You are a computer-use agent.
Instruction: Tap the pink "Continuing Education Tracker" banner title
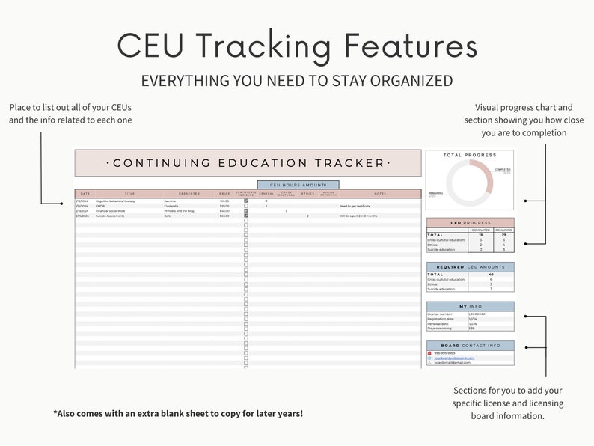[x=248, y=163]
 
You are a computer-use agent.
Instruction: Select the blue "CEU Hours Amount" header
[x=298, y=184]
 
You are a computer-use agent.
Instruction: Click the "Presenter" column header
[x=189, y=193]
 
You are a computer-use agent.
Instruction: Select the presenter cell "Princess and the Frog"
[x=180, y=211]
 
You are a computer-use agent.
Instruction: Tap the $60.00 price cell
[x=224, y=216]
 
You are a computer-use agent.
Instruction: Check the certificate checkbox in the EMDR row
[x=245, y=206]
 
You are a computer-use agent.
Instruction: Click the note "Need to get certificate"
[x=355, y=206]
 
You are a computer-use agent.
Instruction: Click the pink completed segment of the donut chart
[x=486, y=176]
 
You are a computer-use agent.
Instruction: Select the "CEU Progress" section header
[x=471, y=222]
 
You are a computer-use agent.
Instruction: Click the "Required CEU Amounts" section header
[x=471, y=267]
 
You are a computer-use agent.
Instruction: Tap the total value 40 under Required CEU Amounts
[x=490, y=274]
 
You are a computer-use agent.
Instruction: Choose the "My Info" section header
[x=471, y=306]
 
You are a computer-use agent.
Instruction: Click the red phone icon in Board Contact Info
[x=429, y=352]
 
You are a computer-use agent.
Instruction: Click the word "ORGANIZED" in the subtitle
[x=405, y=79]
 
